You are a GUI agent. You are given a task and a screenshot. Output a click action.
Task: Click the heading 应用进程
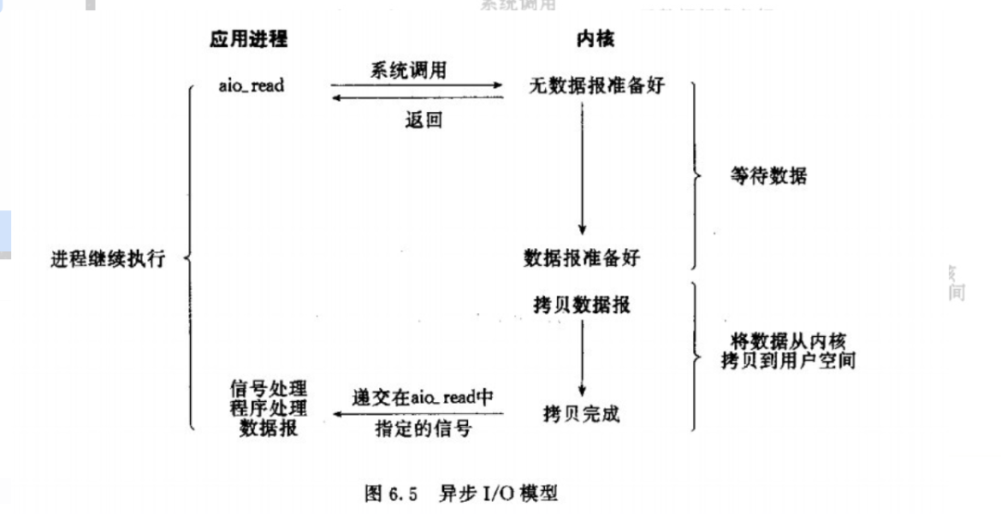(248, 39)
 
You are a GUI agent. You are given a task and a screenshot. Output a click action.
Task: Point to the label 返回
(424, 119)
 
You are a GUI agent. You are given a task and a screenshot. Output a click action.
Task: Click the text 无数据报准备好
(597, 86)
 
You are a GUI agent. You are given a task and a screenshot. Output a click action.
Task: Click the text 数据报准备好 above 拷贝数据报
(581, 257)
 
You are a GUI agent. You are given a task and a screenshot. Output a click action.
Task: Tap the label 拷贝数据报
(581, 304)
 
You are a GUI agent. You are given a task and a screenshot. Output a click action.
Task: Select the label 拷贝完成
(581, 414)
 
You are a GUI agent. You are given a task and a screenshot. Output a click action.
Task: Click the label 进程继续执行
(108, 258)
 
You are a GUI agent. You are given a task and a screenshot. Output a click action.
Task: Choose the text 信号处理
(269, 387)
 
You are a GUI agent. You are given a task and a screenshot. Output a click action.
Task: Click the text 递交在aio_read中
(423, 396)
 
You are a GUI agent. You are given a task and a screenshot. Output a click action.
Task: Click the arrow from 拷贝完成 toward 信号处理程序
(417, 414)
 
